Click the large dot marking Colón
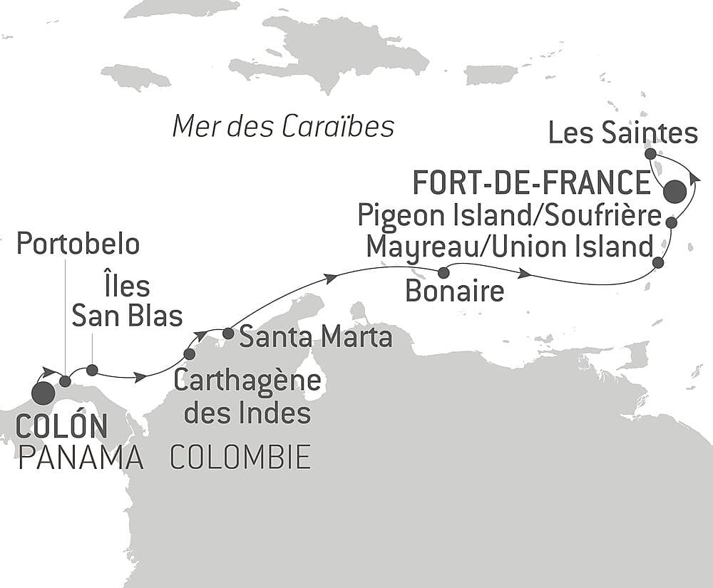43,393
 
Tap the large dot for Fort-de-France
674,192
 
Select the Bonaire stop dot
443,272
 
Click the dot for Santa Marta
228,333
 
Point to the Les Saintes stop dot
650,153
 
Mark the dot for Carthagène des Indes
189,354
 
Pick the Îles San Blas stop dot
92,369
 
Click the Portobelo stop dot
65,381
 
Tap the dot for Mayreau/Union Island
658,263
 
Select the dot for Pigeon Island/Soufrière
671,223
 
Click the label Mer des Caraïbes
284,127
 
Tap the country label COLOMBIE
240,457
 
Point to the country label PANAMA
81,458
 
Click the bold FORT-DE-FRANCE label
531,183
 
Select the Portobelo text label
78,244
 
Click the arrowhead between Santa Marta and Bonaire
330,277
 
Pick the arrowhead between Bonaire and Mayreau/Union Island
525,274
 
